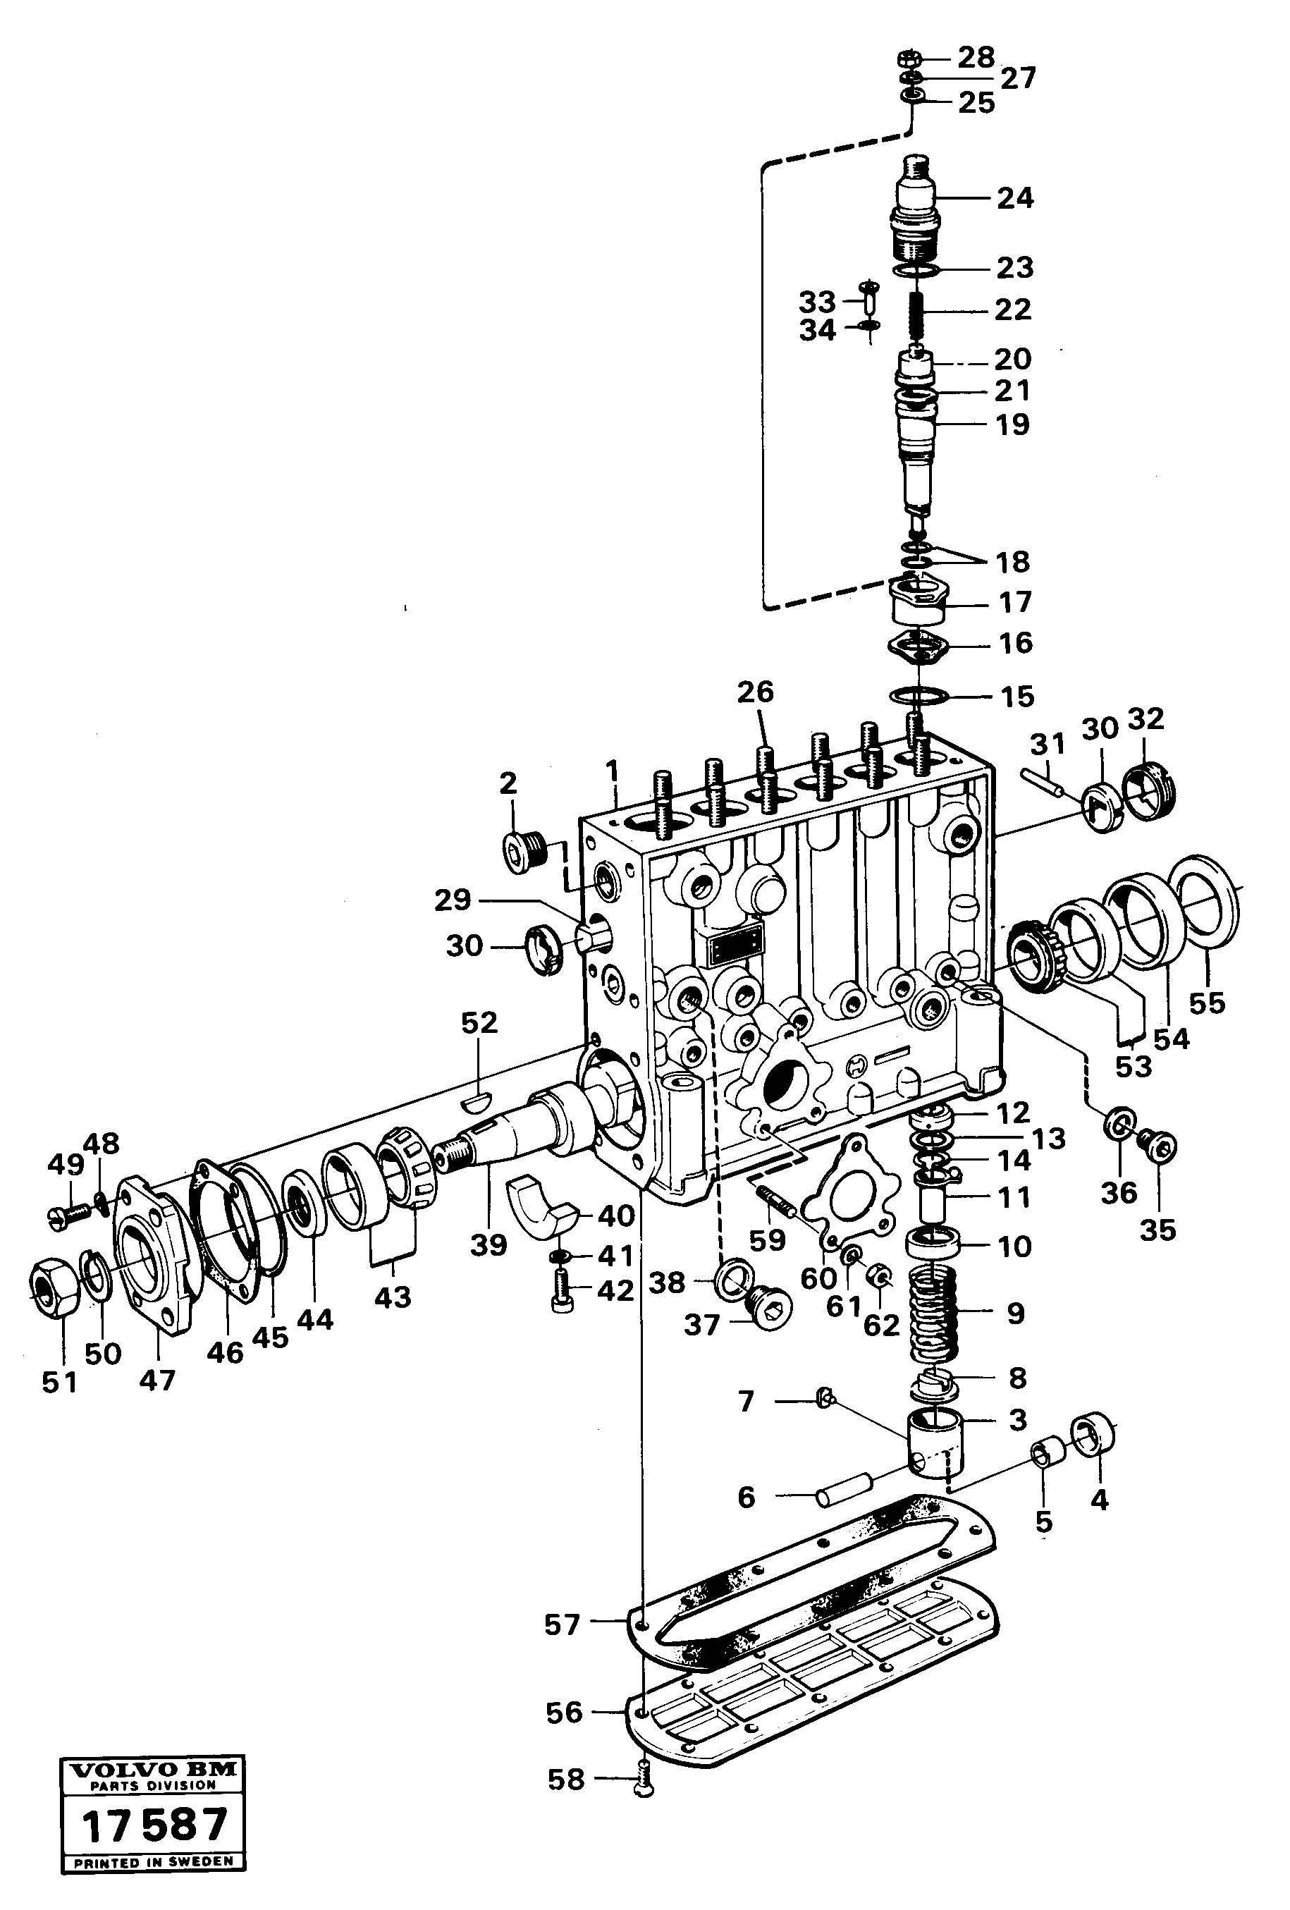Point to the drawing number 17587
point(154,1827)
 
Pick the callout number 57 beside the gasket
point(562,1624)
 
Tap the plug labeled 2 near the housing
point(522,852)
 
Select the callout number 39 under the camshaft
point(489,1244)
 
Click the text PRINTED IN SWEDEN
point(154,1862)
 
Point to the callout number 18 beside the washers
point(1012,562)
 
